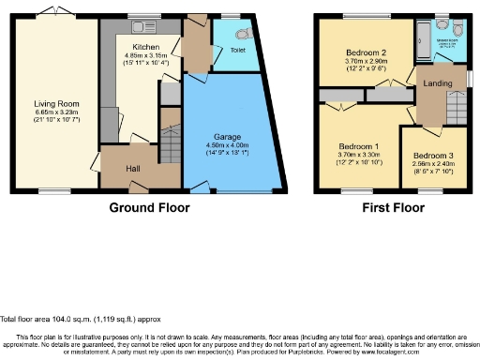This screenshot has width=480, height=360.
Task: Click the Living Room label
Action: [57, 104]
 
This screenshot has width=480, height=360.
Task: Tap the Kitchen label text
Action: [145, 46]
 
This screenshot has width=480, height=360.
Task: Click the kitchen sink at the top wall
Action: [144, 22]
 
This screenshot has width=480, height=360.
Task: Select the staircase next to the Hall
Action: [170, 146]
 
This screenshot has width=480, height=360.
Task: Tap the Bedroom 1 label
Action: [357, 147]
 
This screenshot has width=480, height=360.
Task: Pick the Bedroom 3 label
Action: [433, 156]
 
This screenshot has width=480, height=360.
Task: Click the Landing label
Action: [437, 84]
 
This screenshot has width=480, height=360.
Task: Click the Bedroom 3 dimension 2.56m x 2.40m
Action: [433, 165]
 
